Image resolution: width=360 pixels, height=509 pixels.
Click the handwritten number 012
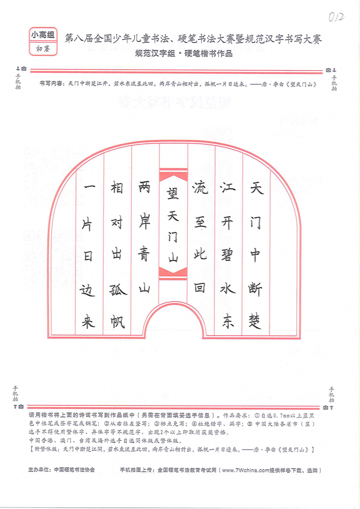pyautogui.click(x=336, y=16)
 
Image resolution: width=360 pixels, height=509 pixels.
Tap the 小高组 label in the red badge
pyautogui.click(x=43, y=35)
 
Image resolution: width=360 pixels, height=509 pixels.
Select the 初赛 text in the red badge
pyautogui.click(x=43, y=49)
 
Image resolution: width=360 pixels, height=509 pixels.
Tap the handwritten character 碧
pyautogui.click(x=227, y=254)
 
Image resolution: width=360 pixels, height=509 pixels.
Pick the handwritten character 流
pyautogui.click(x=200, y=187)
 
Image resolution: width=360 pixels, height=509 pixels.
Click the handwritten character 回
pyautogui.click(x=199, y=287)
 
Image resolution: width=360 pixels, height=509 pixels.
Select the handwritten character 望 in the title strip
pyautogui.click(x=173, y=193)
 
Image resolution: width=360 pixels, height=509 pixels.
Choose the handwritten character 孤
pyautogui.click(x=118, y=289)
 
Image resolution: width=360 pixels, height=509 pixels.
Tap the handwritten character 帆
pyautogui.click(x=118, y=321)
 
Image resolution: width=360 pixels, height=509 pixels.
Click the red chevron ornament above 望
pyautogui.click(x=173, y=176)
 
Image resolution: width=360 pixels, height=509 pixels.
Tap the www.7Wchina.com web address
pyautogui.click(x=246, y=470)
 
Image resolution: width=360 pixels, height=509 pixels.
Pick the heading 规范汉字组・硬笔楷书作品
pyautogui.click(x=184, y=53)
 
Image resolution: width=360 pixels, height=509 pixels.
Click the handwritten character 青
pyautogui.click(x=144, y=254)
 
